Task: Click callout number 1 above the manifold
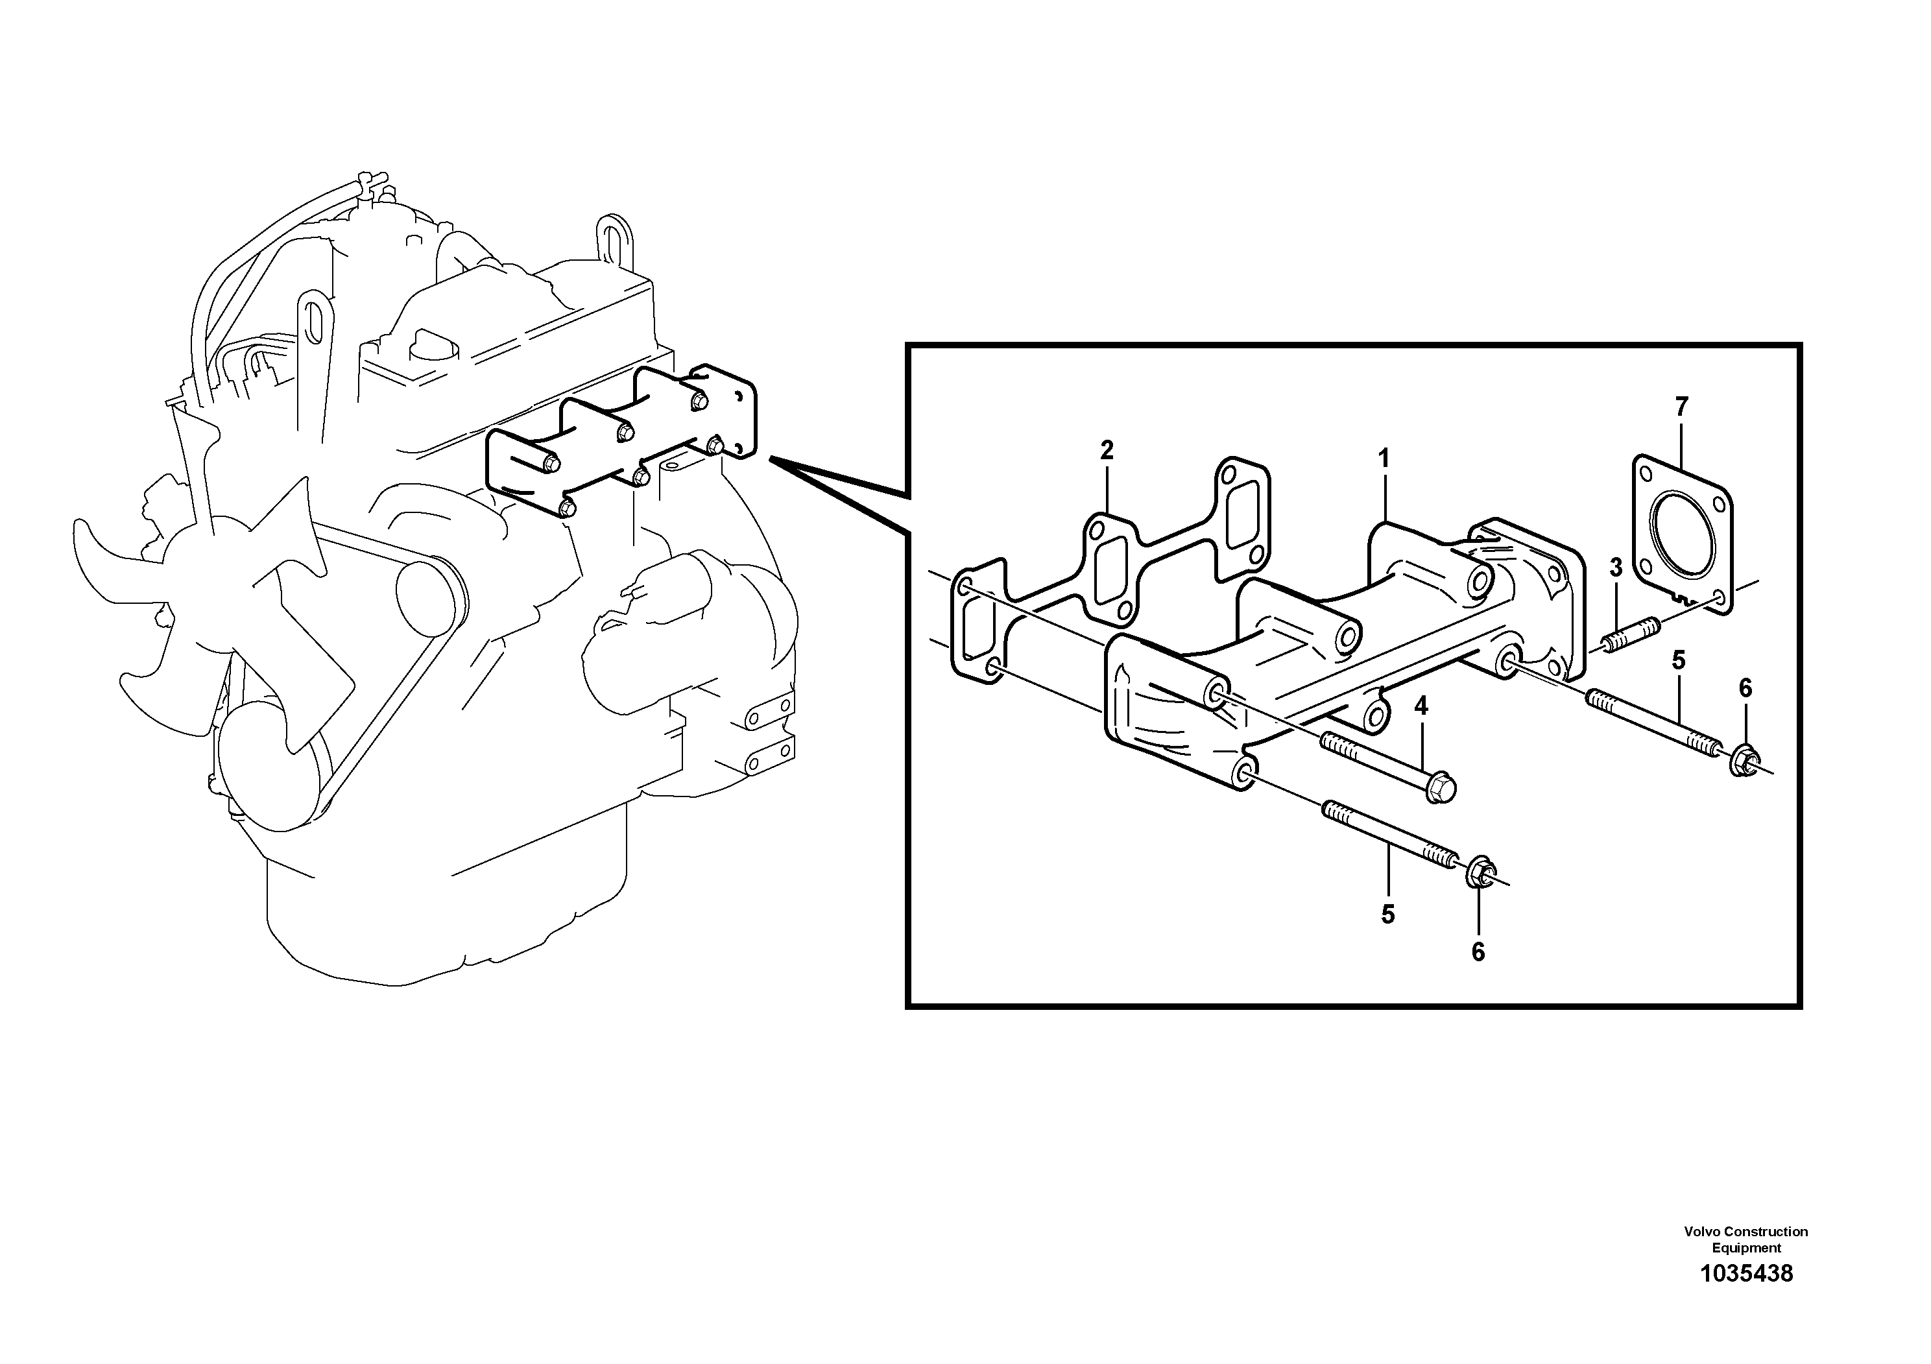(x=1384, y=459)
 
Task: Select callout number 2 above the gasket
(x=1107, y=450)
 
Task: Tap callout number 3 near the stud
(x=1616, y=568)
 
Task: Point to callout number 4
(x=1421, y=706)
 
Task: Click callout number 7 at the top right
(x=1681, y=407)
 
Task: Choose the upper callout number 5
(x=1679, y=661)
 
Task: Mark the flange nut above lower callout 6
(x=1480, y=874)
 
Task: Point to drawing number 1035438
(x=1746, y=1273)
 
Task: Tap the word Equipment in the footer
(x=1746, y=1248)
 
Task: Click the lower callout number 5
(x=1387, y=915)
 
